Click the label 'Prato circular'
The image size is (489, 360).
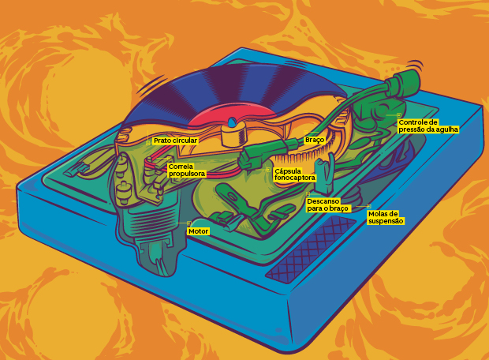pos(175,140)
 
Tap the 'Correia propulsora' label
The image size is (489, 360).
pos(186,170)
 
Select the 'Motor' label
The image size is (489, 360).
pos(198,231)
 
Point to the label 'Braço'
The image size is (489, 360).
pos(314,140)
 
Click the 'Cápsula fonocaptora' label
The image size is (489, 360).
pos(294,174)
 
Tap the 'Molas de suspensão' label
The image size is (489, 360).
pos(386,217)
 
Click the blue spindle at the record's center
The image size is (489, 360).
pos(231,122)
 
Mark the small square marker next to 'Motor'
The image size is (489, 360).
pos(189,223)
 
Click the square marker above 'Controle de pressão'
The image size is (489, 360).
pos(399,115)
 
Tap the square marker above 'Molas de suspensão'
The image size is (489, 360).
pos(368,207)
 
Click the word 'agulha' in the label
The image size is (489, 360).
pos(443,129)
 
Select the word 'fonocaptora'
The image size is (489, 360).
pos(294,178)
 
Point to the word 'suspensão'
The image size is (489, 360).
pos(386,221)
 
